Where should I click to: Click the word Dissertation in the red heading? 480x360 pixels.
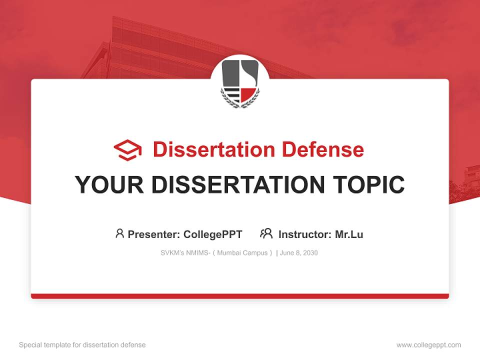click(x=213, y=149)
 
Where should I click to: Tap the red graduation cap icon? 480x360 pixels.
click(x=127, y=149)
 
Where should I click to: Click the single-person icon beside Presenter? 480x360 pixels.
click(x=119, y=233)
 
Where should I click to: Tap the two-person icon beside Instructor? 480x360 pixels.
click(x=266, y=233)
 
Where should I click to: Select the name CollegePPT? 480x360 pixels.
click(x=213, y=234)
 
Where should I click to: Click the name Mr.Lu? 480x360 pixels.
click(x=349, y=234)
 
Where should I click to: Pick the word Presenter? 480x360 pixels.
click(x=154, y=234)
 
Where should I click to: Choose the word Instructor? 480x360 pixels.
click(x=305, y=234)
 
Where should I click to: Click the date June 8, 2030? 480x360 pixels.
click(x=299, y=253)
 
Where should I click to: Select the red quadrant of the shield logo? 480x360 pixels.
click(x=249, y=94)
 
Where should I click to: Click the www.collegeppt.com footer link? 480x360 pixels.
click(x=428, y=345)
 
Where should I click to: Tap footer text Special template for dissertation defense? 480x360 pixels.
click(x=82, y=345)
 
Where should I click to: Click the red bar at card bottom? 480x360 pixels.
click(x=240, y=296)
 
